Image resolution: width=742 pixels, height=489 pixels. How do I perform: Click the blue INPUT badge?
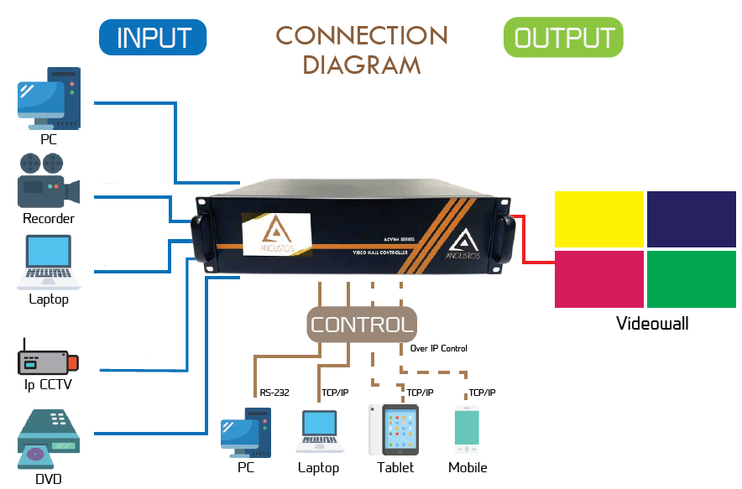pos(153,38)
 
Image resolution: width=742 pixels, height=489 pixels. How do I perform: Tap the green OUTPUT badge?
pos(563,38)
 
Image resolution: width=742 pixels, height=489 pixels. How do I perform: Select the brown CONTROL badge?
pos(361,324)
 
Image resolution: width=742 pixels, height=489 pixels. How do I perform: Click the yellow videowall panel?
pos(598,219)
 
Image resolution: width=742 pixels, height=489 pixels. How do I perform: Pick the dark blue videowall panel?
pos(691,219)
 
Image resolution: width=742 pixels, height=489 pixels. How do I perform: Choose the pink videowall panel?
pos(598,278)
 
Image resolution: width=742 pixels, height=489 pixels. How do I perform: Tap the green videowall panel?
pos(691,278)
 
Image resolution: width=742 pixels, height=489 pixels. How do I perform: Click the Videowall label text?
pos(652,324)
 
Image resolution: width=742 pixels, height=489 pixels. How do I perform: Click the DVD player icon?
pos(49,440)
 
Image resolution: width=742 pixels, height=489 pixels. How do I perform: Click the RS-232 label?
pos(274,392)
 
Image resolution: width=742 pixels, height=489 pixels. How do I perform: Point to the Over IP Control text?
pos(439,348)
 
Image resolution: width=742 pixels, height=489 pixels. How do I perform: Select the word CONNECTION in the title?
pos(362,36)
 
